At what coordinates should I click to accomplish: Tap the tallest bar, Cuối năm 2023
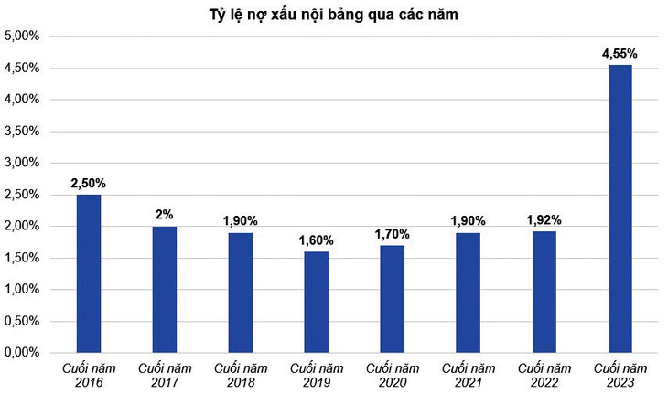coord(620,208)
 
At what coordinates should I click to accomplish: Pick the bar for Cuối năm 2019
coord(316,302)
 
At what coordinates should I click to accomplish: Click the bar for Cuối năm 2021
coord(468,293)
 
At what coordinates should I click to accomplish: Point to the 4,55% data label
coord(620,54)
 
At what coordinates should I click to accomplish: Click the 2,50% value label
coord(89,183)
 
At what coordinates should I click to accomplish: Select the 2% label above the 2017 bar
coord(165,215)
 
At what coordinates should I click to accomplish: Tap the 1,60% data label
coord(316,240)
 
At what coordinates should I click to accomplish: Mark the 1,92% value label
coord(544,219)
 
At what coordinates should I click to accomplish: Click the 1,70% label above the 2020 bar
coord(392,234)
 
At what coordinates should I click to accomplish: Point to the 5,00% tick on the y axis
coord(22,37)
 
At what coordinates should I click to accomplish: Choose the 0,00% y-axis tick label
coord(22,353)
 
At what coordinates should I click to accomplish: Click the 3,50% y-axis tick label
coord(22,132)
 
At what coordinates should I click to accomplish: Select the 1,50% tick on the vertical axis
coord(22,258)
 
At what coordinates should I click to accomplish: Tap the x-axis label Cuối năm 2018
coord(241,373)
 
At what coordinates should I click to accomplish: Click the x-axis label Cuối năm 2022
coord(544,373)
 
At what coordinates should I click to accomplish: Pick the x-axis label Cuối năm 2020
coord(392,373)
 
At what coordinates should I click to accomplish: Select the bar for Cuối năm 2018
coord(241,293)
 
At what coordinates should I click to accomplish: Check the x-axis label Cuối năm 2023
coord(620,373)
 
